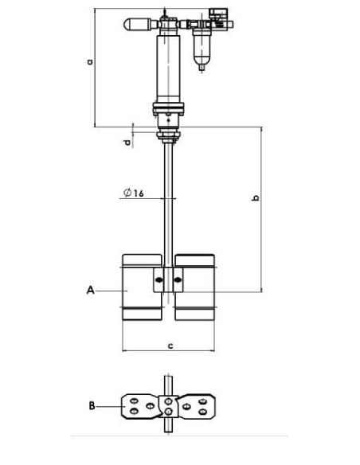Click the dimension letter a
coord(90,62)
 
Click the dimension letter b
coord(255,197)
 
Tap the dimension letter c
coord(170,346)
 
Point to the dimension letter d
coord(127,143)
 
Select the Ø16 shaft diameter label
coord(134,193)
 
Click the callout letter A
coord(91,290)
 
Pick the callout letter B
coord(92,405)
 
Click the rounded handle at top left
coord(137,25)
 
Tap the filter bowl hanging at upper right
coord(202,47)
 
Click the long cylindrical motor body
coord(168,68)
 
